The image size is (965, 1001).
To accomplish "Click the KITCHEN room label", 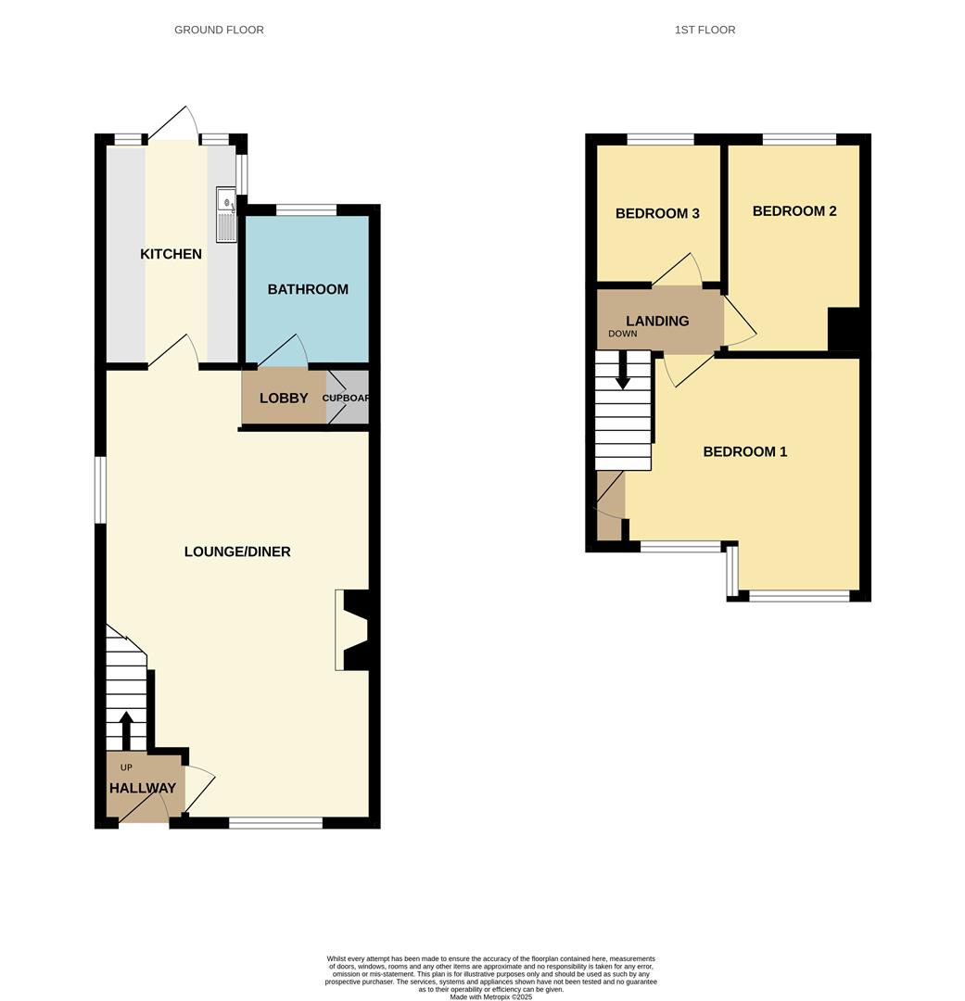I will [x=171, y=254].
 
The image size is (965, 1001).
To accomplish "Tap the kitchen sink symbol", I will [x=226, y=214].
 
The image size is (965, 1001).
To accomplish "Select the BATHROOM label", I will [x=308, y=289].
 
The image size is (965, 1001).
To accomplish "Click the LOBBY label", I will [x=284, y=399].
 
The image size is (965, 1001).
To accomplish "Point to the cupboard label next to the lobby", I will [x=346, y=399].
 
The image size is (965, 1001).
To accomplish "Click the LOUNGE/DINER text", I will [x=237, y=551].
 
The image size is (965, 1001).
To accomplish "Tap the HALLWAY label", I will [x=142, y=789].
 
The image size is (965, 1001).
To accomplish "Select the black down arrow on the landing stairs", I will [x=623, y=370].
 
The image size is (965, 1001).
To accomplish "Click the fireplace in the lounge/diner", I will [x=355, y=629].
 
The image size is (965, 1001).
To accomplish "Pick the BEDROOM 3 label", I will [x=657, y=213].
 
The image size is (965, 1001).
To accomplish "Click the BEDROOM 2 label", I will [x=794, y=211].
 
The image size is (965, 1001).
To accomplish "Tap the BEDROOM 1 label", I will [x=745, y=452].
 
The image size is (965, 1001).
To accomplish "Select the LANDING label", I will [x=657, y=321].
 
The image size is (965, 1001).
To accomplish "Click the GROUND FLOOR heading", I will [x=219, y=30].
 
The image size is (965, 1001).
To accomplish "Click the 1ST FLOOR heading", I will [x=705, y=30].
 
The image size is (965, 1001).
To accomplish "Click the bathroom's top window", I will [x=306, y=209].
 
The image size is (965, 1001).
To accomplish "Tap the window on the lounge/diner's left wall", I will [x=101, y=489].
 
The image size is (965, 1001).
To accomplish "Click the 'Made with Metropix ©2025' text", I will [x=491, y=996].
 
